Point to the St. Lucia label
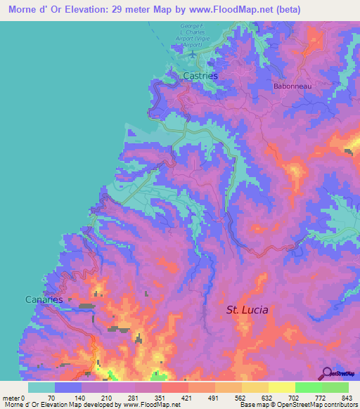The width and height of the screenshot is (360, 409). pos(247,309)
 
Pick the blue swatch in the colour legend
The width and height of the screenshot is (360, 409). pos(68,387)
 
